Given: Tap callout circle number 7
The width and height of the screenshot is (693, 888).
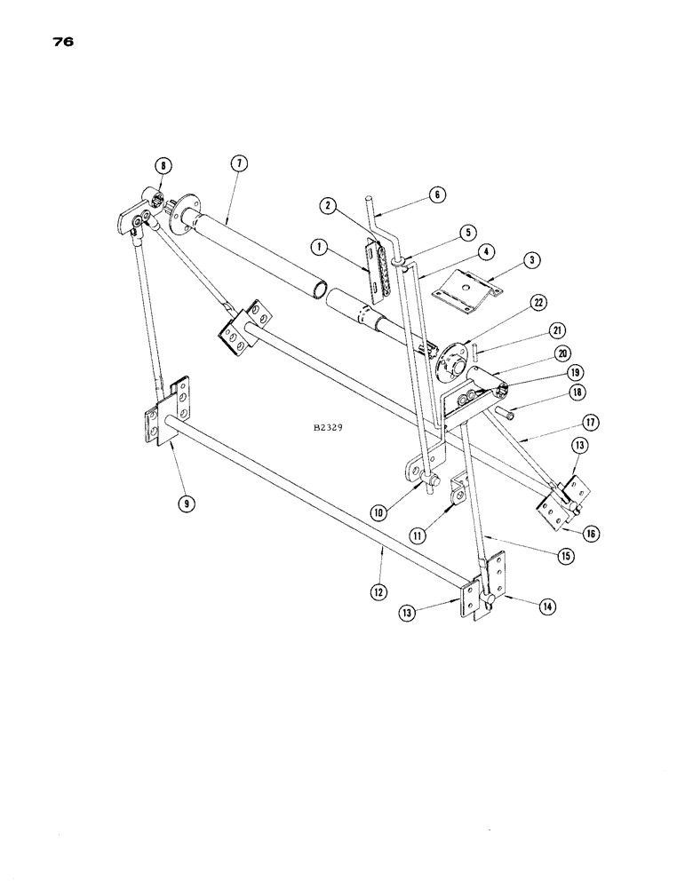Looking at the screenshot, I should click(x=240, y=163).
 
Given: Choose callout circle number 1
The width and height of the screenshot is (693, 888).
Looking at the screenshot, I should click(x=320, y=244).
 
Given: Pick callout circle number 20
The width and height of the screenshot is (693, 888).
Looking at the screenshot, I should click(x=562, y=353).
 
